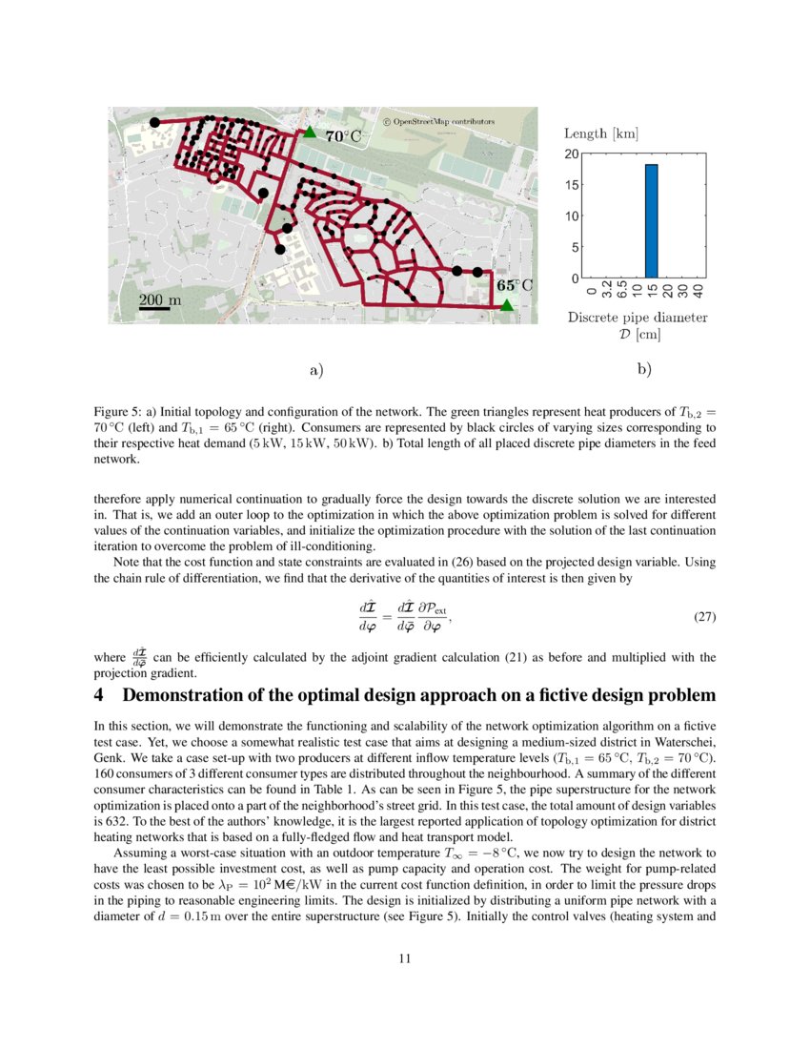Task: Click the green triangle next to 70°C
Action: (310, 133)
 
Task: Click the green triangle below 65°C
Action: (507, 304)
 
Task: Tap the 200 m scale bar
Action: (154, 308)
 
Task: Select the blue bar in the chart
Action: (651, 221)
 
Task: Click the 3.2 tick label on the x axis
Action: (607, 290)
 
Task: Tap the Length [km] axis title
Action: (601, 134)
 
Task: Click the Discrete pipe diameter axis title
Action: (638, 317)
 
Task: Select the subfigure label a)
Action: (315, 370)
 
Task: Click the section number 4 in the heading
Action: (99, 696)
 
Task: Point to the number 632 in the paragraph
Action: (113, 817)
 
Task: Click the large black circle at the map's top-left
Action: (154, 122)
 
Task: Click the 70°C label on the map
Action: (344, 136)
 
